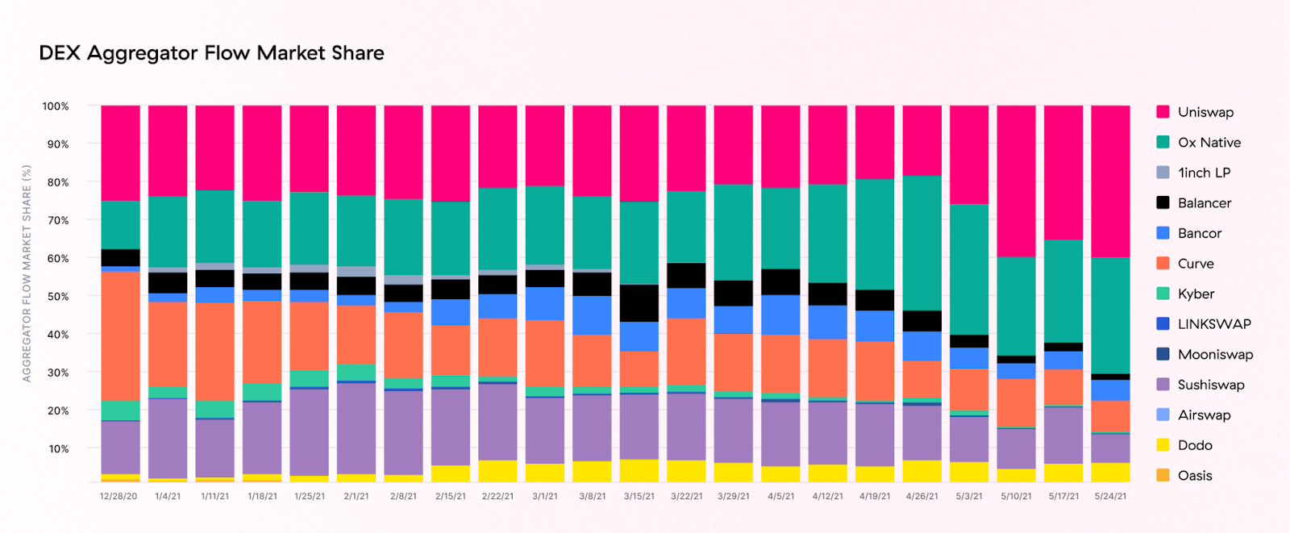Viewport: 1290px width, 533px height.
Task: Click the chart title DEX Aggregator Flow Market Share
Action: click(211, 53)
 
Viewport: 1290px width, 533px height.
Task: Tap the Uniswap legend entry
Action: click(1205, 112)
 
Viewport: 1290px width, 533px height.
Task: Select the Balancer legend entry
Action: click(1204, 203)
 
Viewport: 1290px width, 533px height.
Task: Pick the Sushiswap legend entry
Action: click(1210, 385)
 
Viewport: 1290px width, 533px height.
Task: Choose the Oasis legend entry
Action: click(1194, 476)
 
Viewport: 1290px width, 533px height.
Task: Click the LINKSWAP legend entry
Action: click(1213, 324)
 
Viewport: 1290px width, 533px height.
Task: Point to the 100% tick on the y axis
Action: click(56, 106)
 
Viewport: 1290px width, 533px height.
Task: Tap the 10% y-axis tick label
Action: click(58, 449)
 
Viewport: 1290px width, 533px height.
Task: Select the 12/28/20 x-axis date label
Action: click(119, 497)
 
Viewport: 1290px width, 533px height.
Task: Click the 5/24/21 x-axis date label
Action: click(1110, 497)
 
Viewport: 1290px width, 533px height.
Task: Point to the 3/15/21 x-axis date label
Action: click(639, 497)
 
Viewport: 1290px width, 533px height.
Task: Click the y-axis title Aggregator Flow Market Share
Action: click(27, 273)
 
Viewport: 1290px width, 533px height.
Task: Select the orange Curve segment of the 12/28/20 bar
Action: click(120, 335)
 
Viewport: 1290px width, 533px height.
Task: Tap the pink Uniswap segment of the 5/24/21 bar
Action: click(1110, 181)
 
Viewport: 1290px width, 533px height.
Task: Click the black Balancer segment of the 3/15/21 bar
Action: click(639, 303)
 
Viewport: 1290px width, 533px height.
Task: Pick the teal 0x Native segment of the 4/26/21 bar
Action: click(922, 243)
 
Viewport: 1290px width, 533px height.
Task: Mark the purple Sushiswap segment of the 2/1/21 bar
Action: click(356, 428)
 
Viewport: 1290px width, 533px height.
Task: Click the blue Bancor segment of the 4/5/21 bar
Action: click(780, 314)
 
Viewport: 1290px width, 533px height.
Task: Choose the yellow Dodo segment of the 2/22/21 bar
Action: click(497, 471)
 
